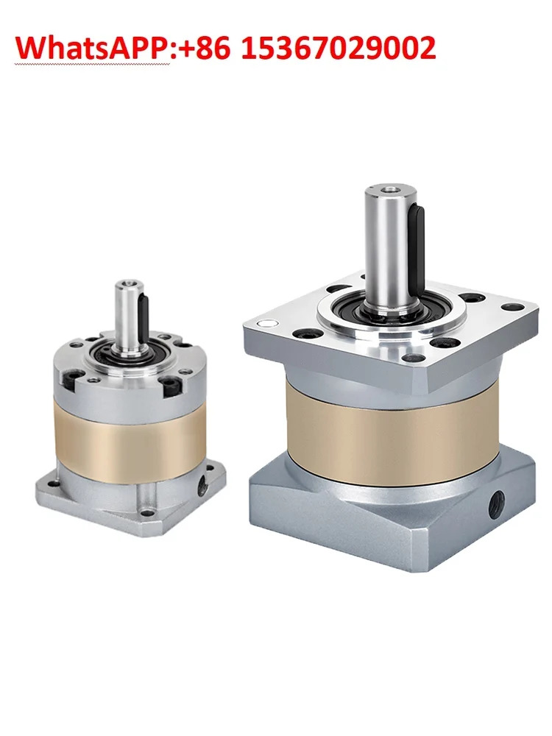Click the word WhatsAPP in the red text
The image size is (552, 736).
pyautogui.click(x=93, y=48)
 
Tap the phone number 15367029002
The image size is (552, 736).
pyautogui.click(x=339, y=48)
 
